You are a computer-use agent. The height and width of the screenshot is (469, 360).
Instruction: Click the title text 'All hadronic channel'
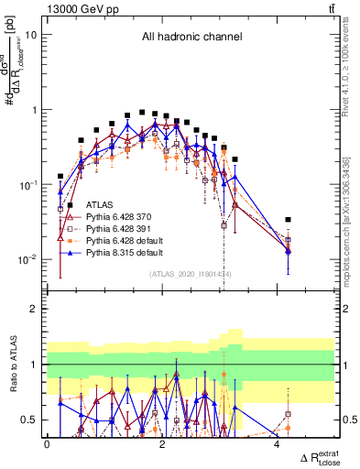pos(191,38)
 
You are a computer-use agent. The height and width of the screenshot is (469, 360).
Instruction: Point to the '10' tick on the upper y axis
pos(31,35)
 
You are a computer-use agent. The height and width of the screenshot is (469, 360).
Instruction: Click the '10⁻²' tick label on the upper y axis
pos(28,259)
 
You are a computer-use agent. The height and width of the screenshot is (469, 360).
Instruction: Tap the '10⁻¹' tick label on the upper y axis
pos(28,184)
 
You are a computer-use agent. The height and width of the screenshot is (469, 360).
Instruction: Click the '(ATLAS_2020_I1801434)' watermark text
pos(191,274)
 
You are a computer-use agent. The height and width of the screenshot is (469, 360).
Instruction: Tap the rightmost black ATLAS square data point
pos(289,220)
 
